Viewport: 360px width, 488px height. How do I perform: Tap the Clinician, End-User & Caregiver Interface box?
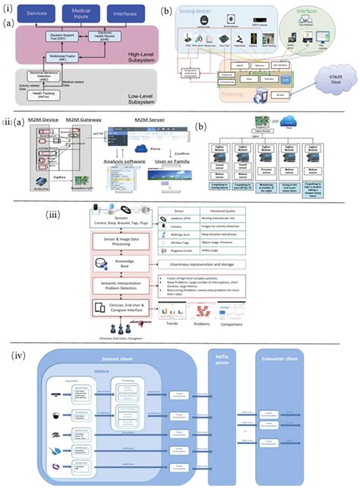pos(125,308)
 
